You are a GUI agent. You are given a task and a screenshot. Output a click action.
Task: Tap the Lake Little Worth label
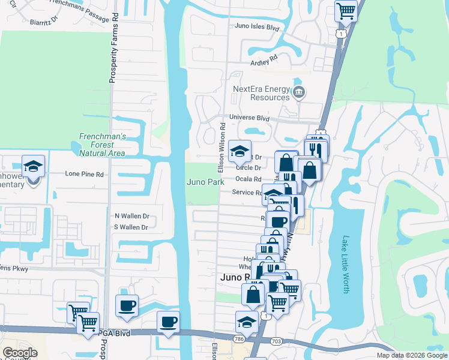[x=346, y=263]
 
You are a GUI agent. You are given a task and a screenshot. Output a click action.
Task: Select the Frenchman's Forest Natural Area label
[x=103, y=145]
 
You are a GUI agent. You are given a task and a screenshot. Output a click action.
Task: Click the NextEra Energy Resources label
[x=261, y=93]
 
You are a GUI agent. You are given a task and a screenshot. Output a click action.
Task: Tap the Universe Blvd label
[x=249, y=118]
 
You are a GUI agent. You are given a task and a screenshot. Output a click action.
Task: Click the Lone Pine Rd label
[x=85, y=174]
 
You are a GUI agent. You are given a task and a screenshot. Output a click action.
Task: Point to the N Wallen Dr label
[x=131, y=215]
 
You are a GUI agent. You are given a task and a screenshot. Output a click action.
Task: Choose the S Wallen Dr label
[x=131, y=227]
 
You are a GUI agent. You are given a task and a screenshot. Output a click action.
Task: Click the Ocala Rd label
[x=248, y=179]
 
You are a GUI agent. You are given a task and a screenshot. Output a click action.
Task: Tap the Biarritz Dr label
[x=43, y=20]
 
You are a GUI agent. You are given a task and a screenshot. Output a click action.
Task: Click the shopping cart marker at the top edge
[x=346, y=10]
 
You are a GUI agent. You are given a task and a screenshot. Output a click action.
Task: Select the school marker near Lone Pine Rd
[x=33, y=166]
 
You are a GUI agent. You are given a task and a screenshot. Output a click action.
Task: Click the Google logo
[x=20, y=353]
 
